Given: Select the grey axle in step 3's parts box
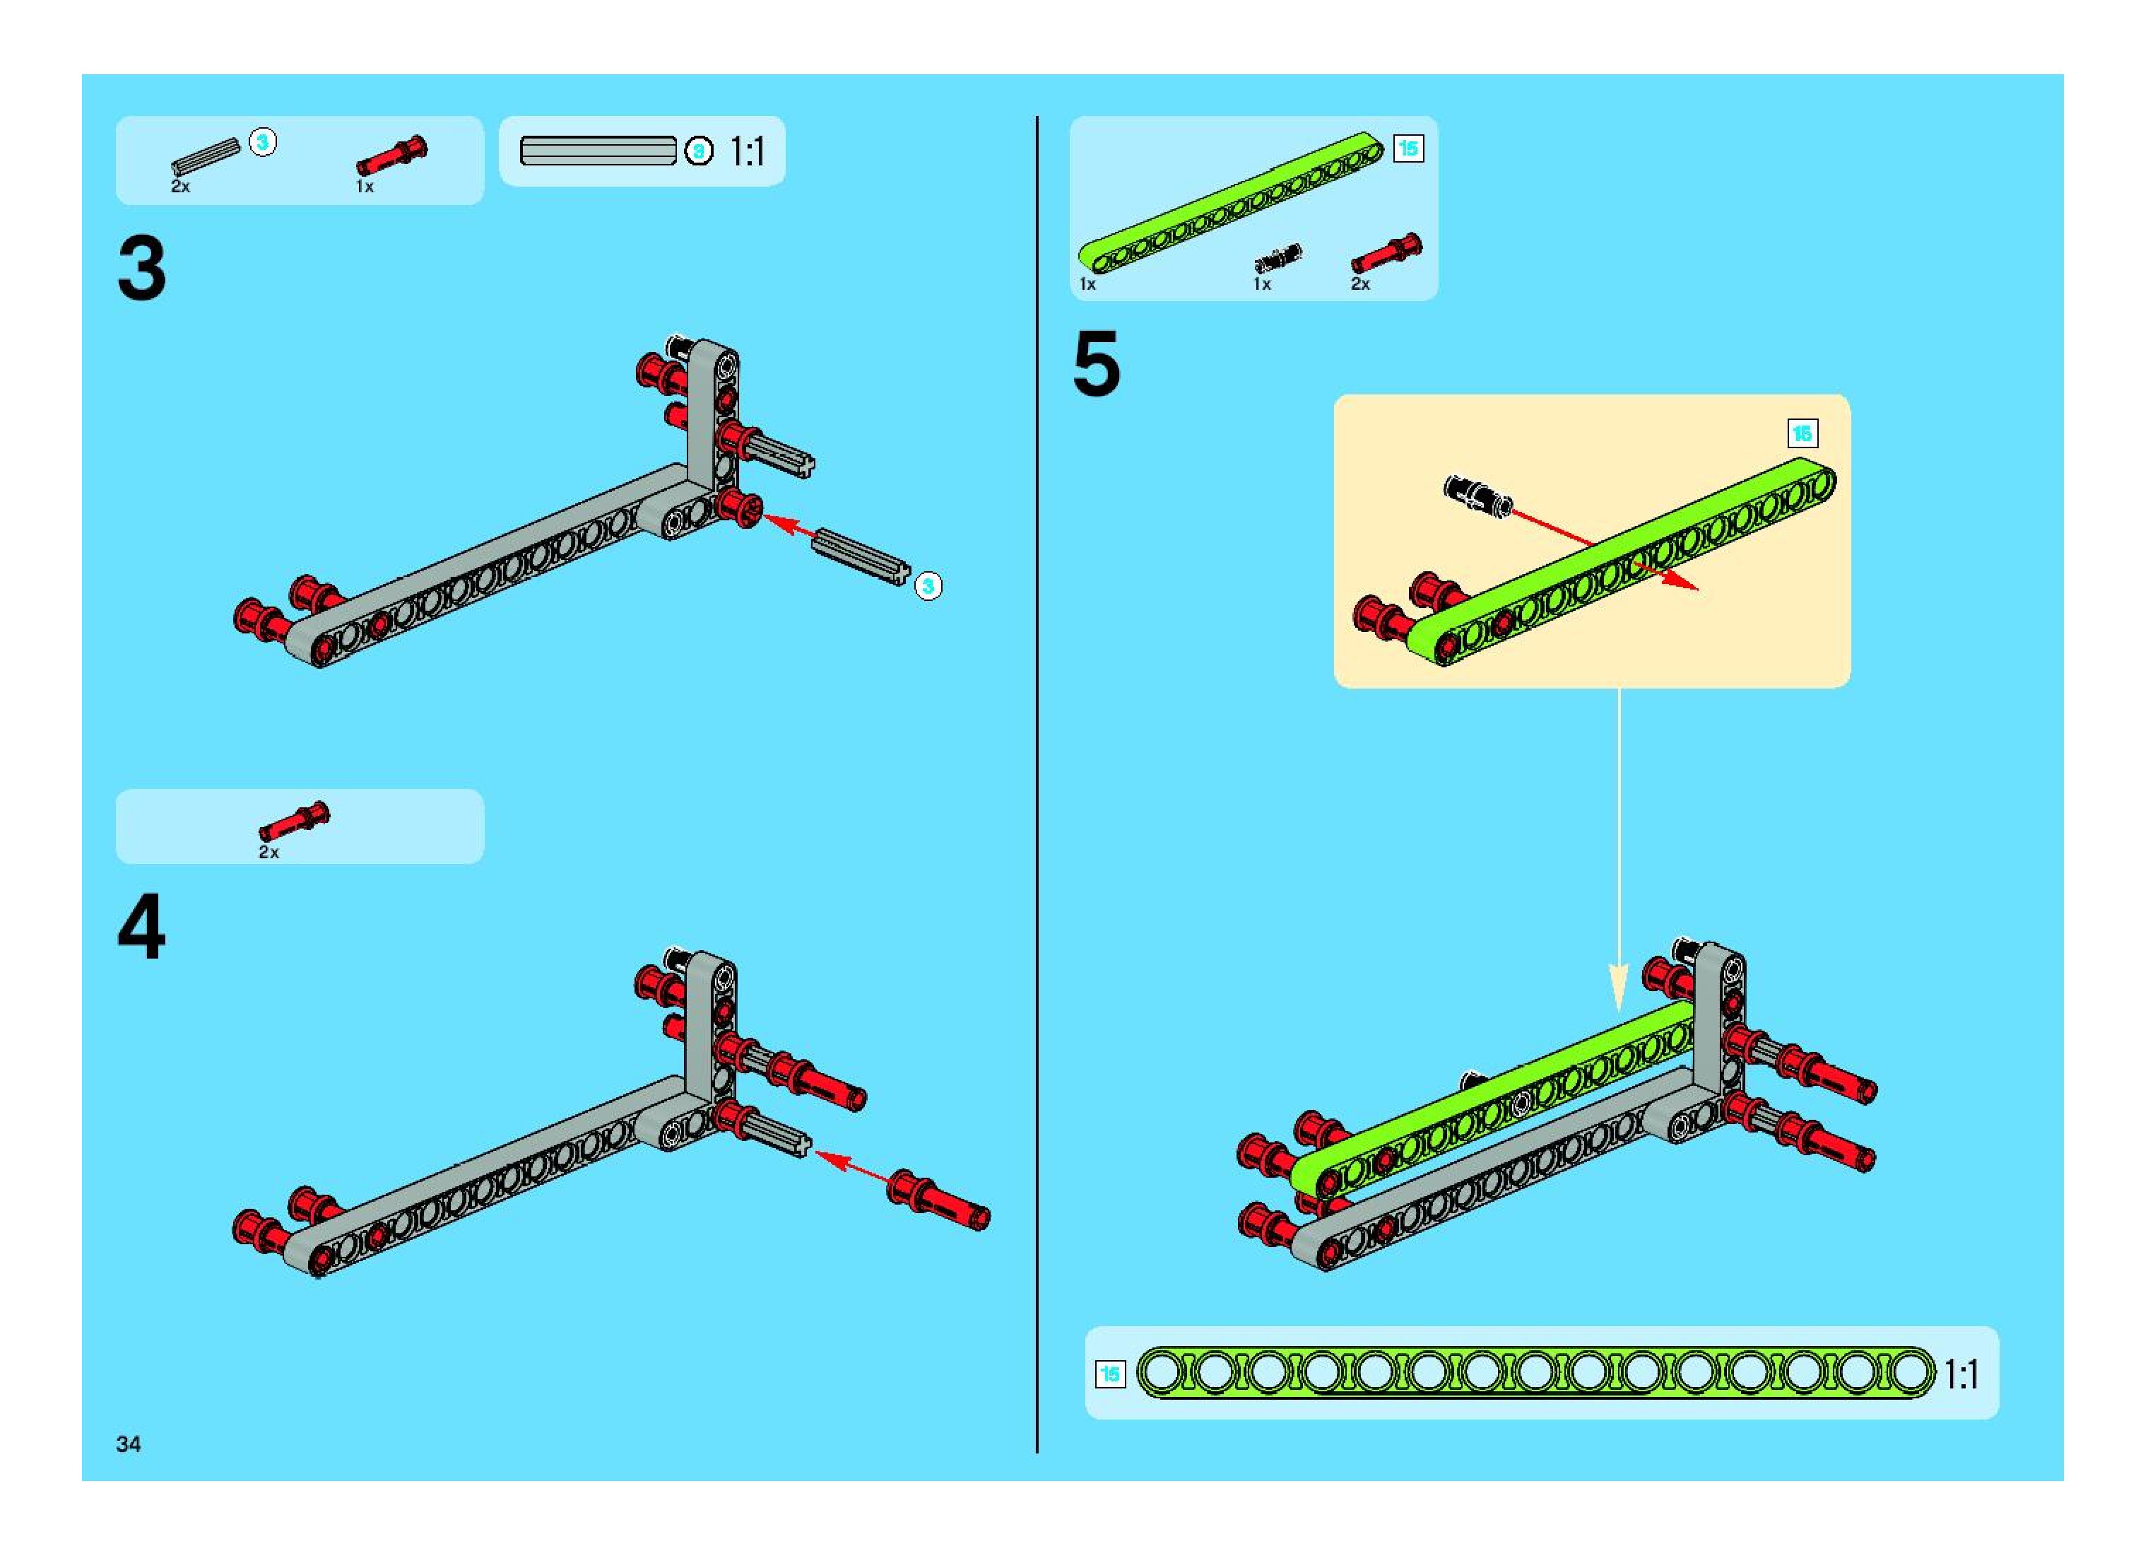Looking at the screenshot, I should [204, 155].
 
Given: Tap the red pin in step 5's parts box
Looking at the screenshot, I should [1385, 252].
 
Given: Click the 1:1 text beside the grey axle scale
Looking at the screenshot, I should [747, 152].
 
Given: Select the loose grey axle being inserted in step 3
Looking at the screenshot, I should [860, 555].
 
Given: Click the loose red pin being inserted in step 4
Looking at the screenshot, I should [938, 1203].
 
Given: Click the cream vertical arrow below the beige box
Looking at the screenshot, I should [1619, 854].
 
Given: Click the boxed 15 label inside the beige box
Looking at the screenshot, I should [1802, 434].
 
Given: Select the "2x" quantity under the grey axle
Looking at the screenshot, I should [180, 187].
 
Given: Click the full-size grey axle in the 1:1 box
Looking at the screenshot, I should [598, 151].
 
